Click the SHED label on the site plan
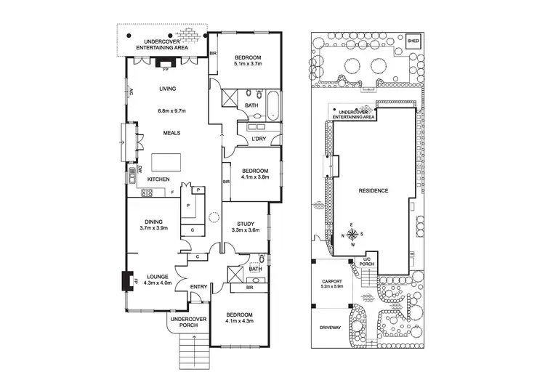coord(414,41)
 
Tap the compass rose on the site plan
coord(352,234)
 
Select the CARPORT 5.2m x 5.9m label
coord(328,285)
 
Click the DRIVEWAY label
coord(330,328)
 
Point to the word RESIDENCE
coord(374,191)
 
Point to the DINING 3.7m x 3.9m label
coord(153,224)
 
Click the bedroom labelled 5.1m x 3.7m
coord(246,60)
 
